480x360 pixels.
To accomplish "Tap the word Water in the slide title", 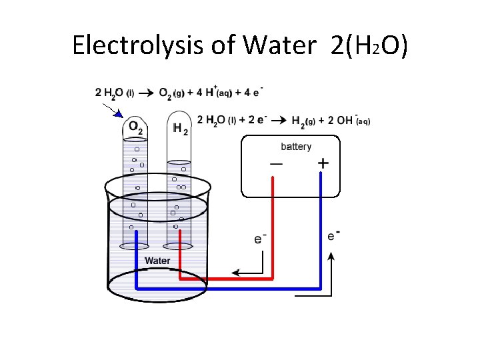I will click(279, 45).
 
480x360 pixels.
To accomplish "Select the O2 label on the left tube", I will click(135, 127).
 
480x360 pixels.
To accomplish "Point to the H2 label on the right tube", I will click(179, 128).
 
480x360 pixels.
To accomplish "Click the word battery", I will click(296, 147).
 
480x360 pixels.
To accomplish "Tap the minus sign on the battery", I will click(275, 164).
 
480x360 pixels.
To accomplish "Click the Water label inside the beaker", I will click(157, 261).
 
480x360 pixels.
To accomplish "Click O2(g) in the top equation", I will click(171, 93).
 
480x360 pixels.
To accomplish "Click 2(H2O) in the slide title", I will click(369, 45).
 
